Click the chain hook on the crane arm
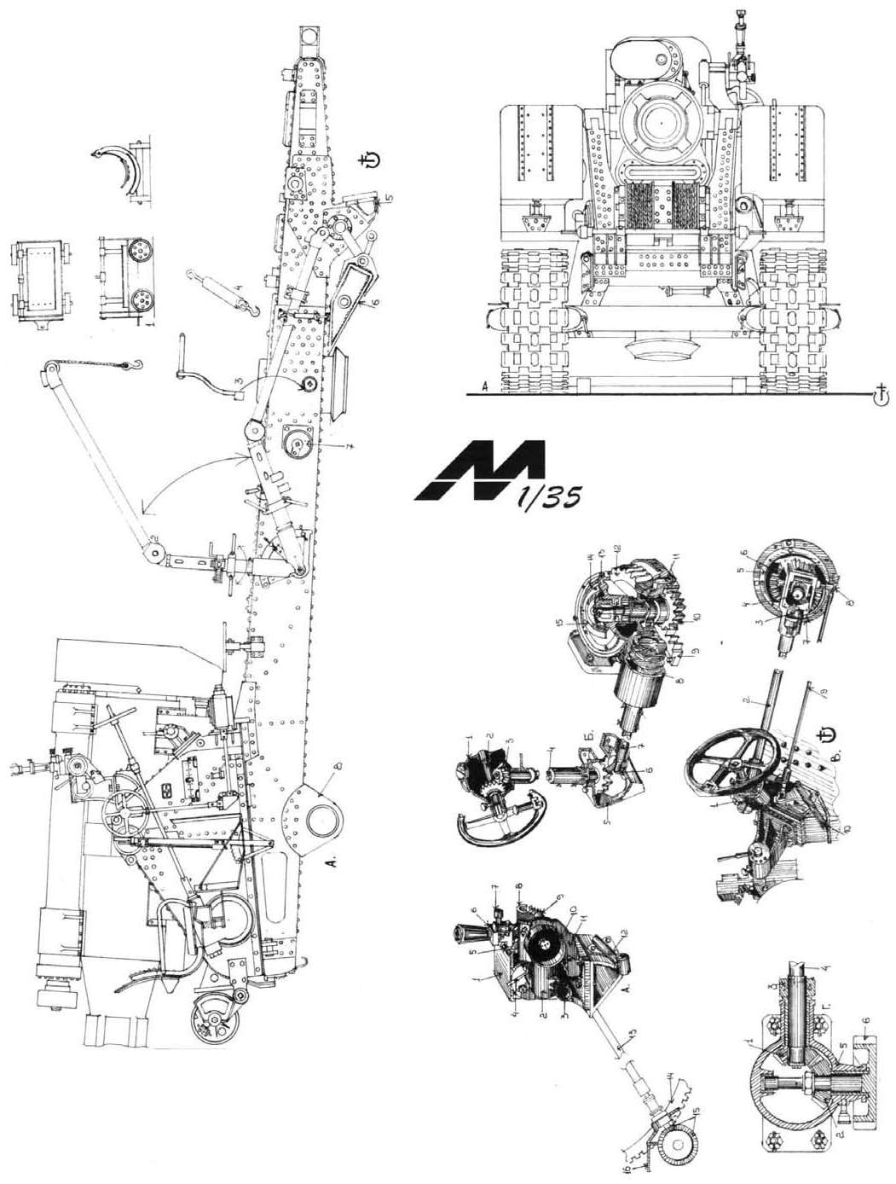134,368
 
